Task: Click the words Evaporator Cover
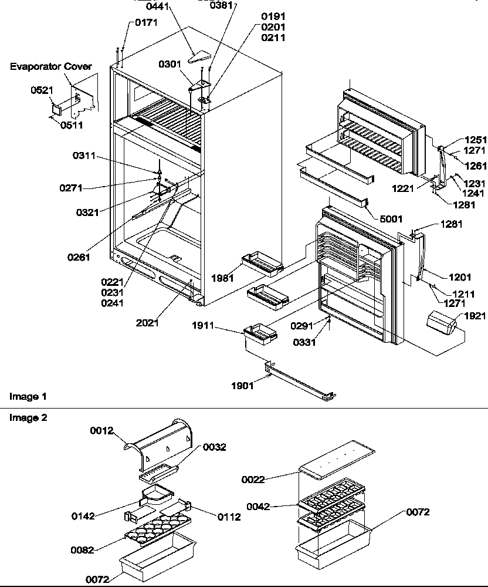(x=50, y=66)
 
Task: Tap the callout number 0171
(x=146, y=23)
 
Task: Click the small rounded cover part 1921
(x=442, y=323)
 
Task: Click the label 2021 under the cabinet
(x=147, y=322)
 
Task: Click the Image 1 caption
(x=28, y=397)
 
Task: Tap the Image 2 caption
(x=28, y=417)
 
